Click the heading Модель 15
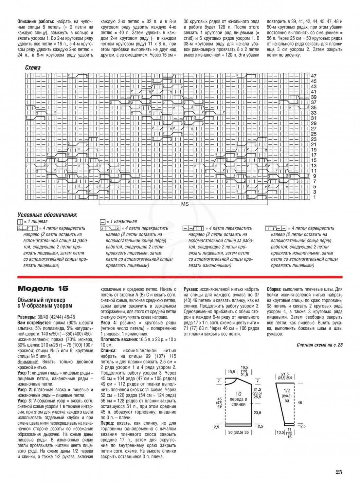pyautogui.click(x=43, y=288)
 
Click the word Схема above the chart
pyautogui.click(x=33, y=68)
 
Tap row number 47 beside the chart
pyautogui.click(x=314, y=76)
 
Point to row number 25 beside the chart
pyautogui.click(x=314, y=134)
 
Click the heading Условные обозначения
pyautogui.click(x=47, y=215)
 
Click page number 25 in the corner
pyautogui.click(x=338, y=472)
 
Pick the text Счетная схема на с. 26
pyautogui.click(x=319, y=345)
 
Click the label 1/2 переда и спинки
pyautogui.click(x=238, y=399)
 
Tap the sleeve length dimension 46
pyautogui.click(x=300, y=402)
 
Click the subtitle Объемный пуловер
pyautogui.click(x=41, y=300)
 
